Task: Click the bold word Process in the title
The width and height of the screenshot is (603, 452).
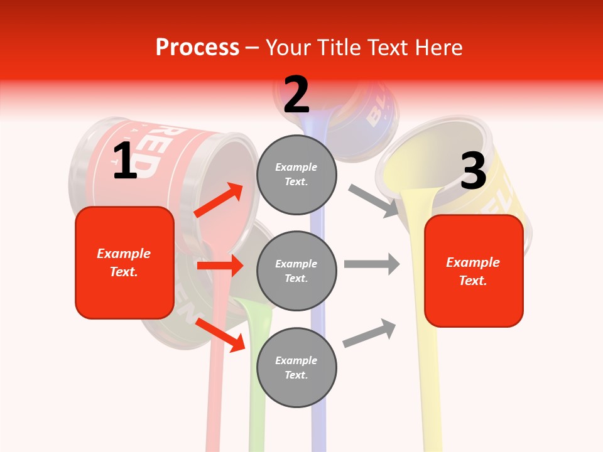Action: click(197, 47)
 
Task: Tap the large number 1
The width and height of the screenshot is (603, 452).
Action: click(125, 161)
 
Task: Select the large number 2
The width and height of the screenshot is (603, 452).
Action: click(296, 95)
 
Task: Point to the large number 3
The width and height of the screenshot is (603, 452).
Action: click(473, 171)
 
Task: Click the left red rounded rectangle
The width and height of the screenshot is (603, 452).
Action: click(124, 262)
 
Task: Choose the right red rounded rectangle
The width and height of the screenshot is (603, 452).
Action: click(474, 271)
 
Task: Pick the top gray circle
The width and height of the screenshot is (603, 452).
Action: click(296, 175)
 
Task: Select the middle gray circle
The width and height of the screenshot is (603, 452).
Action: click(296, 271)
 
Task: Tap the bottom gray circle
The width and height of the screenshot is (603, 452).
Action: click(296, 367)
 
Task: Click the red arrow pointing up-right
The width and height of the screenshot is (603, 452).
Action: click(219, 200)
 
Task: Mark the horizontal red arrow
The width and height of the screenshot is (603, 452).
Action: click(220, 266)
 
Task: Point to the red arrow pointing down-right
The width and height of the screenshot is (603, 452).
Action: click(220, 335)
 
